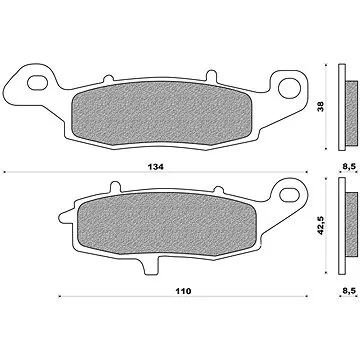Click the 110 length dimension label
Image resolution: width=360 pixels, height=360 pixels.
(x=183, y=291)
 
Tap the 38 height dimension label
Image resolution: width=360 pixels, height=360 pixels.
(x=321, y=107)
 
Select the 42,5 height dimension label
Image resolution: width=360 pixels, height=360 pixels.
(x=321, y=225)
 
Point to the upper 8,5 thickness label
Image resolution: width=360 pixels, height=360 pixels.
(x=349, y=167)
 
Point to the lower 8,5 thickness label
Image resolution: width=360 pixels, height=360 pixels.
(x=349, y=290)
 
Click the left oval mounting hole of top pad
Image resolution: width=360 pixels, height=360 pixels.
(x=37, y=83)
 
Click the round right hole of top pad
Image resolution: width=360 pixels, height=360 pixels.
(x=289, y=88)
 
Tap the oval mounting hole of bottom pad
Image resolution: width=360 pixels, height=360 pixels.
(x=289, y=195)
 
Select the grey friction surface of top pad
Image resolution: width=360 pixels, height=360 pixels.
(x=162, y=113)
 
